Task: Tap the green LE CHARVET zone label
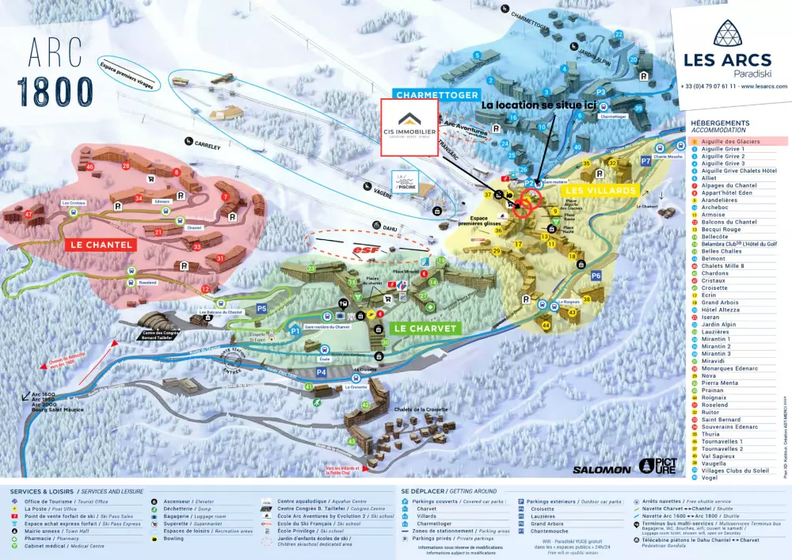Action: pos(426,328)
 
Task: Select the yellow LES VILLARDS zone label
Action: pos(600,191)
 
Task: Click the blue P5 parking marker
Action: pos(261,308)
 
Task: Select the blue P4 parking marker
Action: pos(322,371)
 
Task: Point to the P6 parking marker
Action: pos(596,275)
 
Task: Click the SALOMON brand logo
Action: pos(602,470)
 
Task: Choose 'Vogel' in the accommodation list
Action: pos(710,478)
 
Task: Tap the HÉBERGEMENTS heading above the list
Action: pos(720,124)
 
